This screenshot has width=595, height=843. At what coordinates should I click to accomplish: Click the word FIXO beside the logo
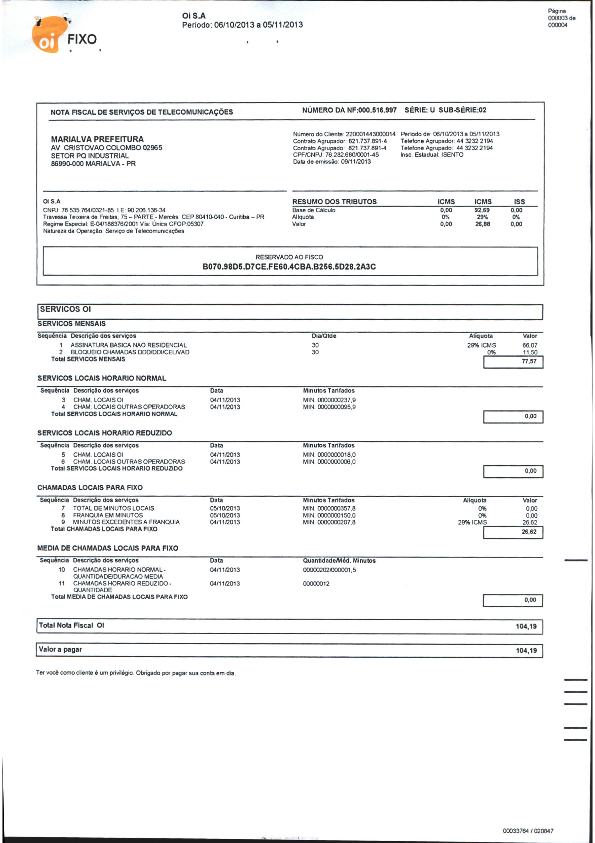82,39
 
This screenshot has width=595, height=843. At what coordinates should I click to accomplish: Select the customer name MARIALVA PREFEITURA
97,139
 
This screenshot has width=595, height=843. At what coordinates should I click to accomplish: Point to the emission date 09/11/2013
356,162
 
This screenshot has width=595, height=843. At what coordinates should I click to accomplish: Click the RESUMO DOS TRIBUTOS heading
334,202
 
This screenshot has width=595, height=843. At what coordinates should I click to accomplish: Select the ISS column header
519,202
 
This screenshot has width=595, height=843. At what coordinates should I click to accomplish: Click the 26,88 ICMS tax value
482,224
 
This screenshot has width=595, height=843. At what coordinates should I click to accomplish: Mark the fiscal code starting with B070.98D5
289,267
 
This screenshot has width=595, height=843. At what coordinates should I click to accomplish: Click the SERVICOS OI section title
65,309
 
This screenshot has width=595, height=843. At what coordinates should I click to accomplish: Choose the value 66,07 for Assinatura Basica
529,345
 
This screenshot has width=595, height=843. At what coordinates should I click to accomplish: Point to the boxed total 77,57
529,361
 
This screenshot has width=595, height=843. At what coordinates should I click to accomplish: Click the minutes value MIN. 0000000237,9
329,400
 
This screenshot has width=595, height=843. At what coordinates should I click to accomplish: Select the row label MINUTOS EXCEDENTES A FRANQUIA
126,522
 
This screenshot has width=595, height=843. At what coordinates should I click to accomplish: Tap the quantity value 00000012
316,584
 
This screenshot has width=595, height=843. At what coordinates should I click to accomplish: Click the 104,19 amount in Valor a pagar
526,651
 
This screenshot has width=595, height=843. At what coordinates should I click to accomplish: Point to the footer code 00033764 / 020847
528,831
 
